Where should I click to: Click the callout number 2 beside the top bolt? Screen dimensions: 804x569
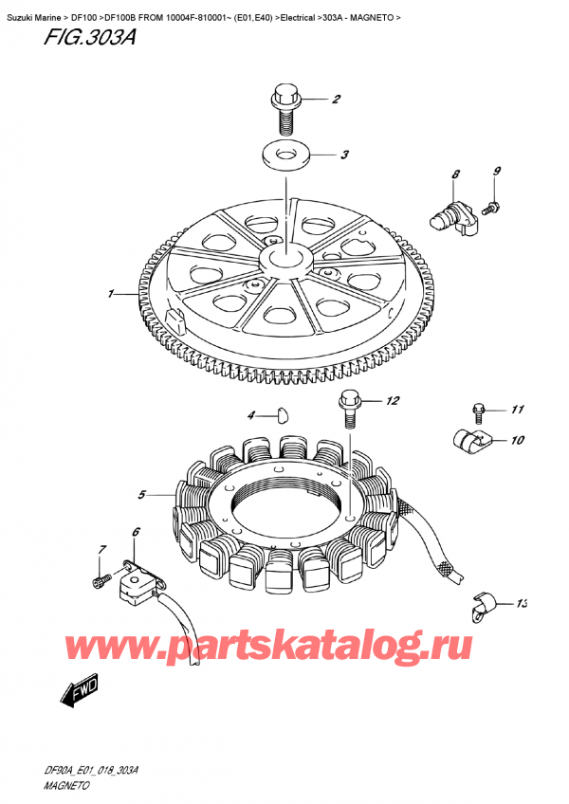(335, 100)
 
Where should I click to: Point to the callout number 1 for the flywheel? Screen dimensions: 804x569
(111, 295)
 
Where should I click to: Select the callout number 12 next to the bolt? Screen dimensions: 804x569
(393, 402)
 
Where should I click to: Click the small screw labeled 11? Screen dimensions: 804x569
(479, 411)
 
